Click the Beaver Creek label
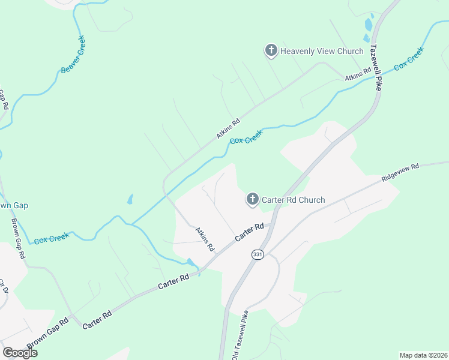coord(73,55)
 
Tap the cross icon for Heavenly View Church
coord(271,50)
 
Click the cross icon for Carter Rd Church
coord(253,199)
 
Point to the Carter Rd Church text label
coord(294,200)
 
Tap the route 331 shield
coord(258,254)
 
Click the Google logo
coord(20,353)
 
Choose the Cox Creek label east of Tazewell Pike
coord(409,59)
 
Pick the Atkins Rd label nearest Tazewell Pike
coord(358,75)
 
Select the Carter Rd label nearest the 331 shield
coord(250,233)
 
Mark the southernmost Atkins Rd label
coord(205,239)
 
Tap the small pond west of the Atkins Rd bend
coord(130,199)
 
